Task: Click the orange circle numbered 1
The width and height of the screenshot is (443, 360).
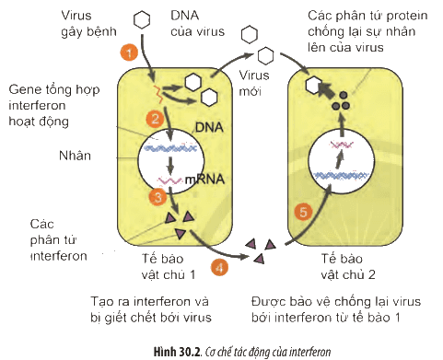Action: (x=129, y=52)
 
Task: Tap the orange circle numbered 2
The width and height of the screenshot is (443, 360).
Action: (x=155, y=118)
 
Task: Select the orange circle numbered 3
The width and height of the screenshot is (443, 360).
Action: (x=157, y=197)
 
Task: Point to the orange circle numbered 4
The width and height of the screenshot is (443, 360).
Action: (x=219, y=267)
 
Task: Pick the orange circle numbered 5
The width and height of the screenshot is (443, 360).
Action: (x=303, y=212)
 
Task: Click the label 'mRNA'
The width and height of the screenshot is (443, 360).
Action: (x=204, y=179)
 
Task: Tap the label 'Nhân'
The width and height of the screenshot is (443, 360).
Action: (x=75, y=156)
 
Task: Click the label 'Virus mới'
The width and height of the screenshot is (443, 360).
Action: (x=254, y=83)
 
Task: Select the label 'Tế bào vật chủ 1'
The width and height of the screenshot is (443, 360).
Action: (x=169, y=266)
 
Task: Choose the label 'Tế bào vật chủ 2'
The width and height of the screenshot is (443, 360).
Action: (x=348, y=266)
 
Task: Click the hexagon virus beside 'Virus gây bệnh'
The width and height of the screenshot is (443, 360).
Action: (x=142, y=19)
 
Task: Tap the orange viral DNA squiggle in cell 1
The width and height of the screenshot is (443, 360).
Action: (x=157, y=94)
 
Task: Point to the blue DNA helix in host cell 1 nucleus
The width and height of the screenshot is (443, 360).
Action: (x=170, y=148)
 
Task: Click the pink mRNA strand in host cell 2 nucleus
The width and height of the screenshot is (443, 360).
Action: (x=341, y=145)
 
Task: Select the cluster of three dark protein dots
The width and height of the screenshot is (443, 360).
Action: (x=341, y=101)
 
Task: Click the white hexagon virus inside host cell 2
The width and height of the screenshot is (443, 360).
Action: (x=314, y=85)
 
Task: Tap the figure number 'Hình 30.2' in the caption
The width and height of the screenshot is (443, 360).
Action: (x=177, y=352)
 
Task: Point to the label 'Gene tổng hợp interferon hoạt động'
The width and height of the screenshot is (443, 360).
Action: (x=54, y=105)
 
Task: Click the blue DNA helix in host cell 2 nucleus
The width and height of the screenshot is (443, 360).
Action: (x=341, y=176)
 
